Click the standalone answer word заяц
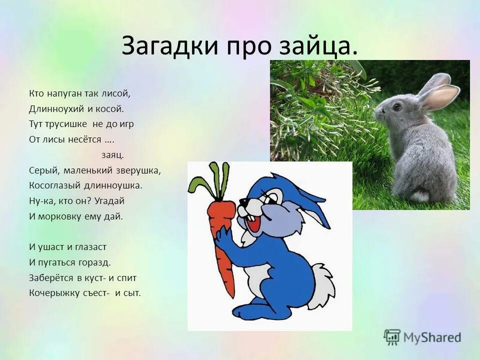[112, 154]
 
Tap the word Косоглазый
[53, 185]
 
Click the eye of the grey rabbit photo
[396, 106]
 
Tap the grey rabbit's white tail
[419, 195]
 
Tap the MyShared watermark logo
[422, 337]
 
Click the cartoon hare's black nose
[242, 201]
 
